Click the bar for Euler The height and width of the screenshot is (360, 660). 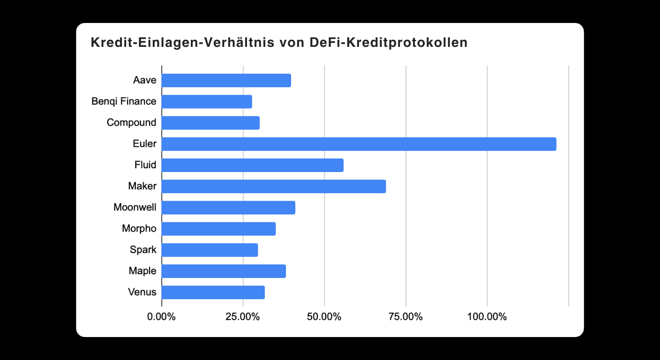click(x=359, y=144)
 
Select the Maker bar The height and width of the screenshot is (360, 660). click(x=274, y=187)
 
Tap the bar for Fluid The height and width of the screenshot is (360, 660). click(x=252, y=165)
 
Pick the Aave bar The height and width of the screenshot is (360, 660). click(x=226, y=80)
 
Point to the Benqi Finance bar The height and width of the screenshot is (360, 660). click(x=207, y=102)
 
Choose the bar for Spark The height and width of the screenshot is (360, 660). click(x=210, y=250)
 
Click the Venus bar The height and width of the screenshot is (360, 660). click(x=213, y=292)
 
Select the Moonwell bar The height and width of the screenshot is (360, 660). click(x=228, y=208)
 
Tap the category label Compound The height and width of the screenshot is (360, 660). click(x=131, y=123)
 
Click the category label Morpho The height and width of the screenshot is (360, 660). click(x=139, y=229)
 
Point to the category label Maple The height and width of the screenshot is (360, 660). click(x=142, y=271)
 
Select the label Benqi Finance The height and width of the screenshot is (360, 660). click(x=124, y=101)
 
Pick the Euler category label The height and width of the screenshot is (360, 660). click(x=144, y=144)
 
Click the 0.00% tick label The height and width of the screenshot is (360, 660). click(x=161, y=317)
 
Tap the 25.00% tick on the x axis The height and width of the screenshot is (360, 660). click(x=243, y=317)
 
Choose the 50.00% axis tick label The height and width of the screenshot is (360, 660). click(x=324, y=317)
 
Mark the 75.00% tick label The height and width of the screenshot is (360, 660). click(x=405, y=317)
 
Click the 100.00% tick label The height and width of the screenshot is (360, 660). click(x=487, y=317)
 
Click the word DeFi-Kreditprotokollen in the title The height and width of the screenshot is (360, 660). click(x=389, y=43)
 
